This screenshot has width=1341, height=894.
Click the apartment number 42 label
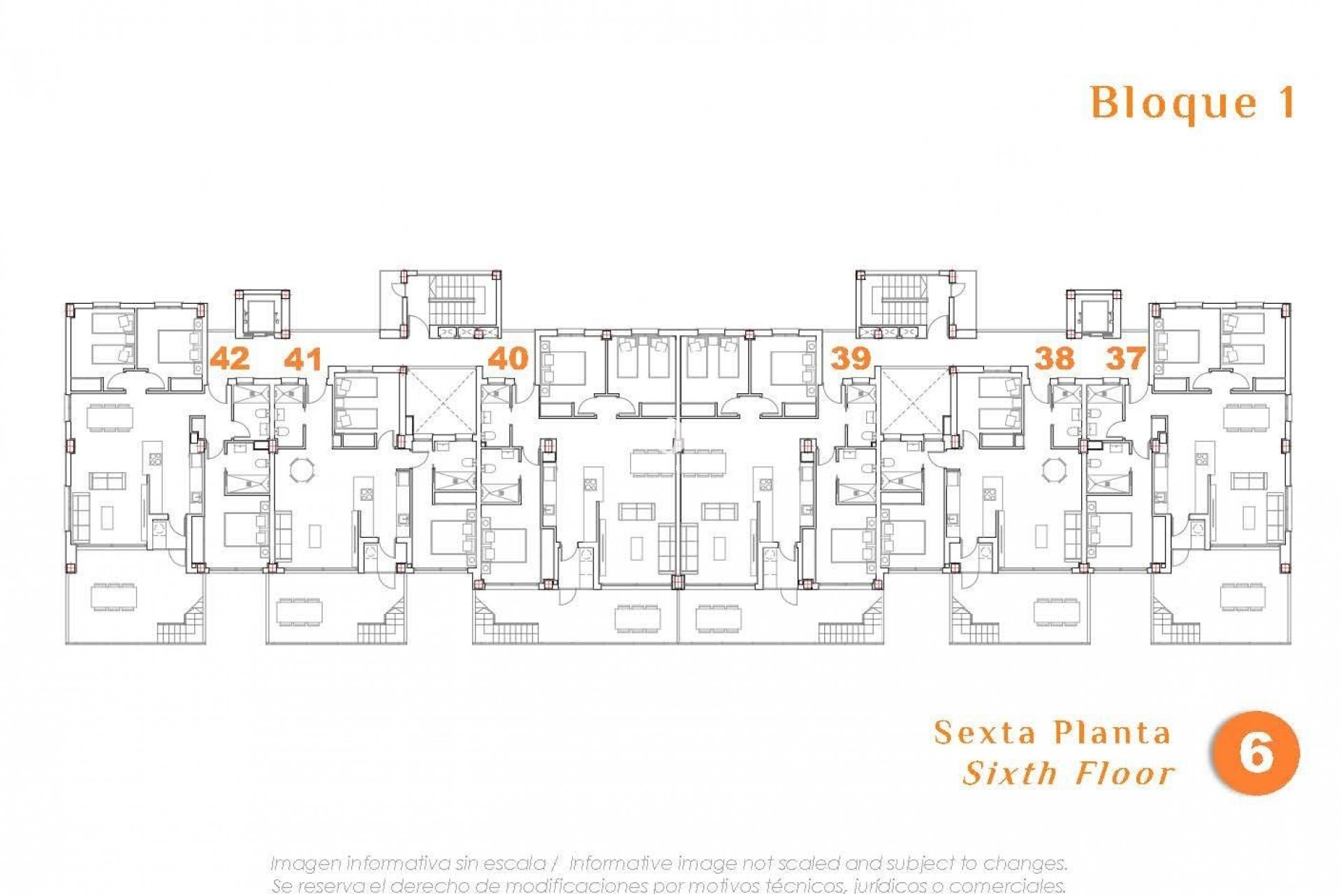pyautogui.click(x=230, y=358)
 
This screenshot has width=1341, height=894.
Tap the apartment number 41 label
pyautogui.click(x=303, y=359)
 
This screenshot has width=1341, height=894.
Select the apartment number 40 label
pyautogui.click(x=508, y=358)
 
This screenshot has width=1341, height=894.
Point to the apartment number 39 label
pyautogui.click(x=850, y=358)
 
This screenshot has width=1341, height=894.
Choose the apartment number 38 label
pyautogui.click(x=1054, y=358)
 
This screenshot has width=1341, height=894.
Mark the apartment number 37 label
pyautogui.click(x=1125, y=358)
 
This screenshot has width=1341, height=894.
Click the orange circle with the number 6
pyautogui.click(x=1256, y=754)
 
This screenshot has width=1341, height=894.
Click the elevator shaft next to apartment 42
pyautogui.click(x=263, y=314)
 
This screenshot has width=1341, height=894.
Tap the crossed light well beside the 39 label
pyautogui.click(x=916, y=401)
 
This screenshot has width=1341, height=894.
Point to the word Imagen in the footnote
pyautogui.click(x=305, y=863)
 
